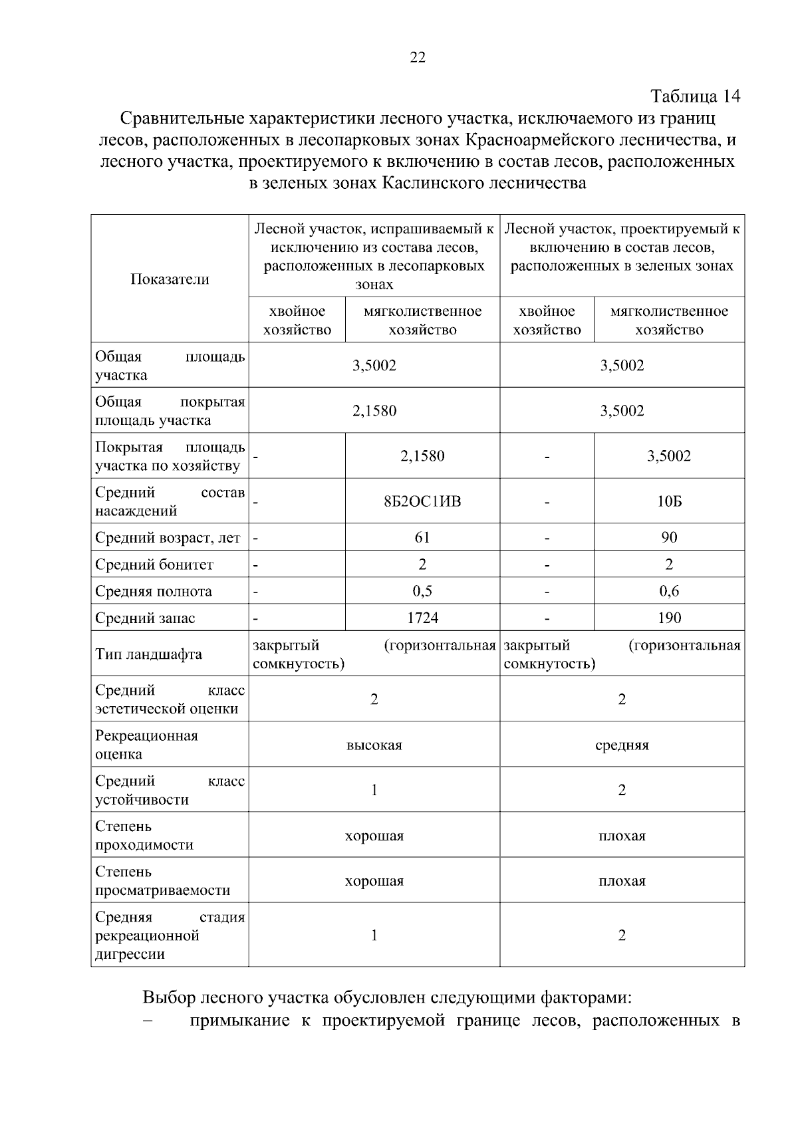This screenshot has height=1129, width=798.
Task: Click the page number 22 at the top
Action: click(417, 57)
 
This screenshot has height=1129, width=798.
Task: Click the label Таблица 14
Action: click(695, 96)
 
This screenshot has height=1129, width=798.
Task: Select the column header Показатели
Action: click(170, 279)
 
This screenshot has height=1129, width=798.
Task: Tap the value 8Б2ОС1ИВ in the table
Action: click(422, 501)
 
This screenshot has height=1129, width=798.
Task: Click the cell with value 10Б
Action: click(669, 501)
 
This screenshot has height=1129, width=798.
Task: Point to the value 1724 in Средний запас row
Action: click(422, 618)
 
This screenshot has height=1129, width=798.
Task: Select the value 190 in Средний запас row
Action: click(669, 618)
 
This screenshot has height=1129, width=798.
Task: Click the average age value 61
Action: click(422, 537)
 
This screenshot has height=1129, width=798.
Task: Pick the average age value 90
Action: click(669, 537)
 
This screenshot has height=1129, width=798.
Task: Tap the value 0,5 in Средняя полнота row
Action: click(422, 591)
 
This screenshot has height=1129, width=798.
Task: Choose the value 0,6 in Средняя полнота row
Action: click(669, 591)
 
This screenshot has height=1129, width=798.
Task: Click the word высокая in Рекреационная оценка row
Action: click(374, 745)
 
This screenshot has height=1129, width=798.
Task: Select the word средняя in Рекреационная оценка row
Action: click(622, 745)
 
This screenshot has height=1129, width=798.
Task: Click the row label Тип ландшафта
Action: click(148, 654)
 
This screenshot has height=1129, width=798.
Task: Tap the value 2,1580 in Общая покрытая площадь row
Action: click(374, 411)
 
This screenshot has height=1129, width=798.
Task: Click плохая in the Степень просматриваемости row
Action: click(622, 882)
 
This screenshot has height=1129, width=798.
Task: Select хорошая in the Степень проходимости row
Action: click(374, 836)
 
